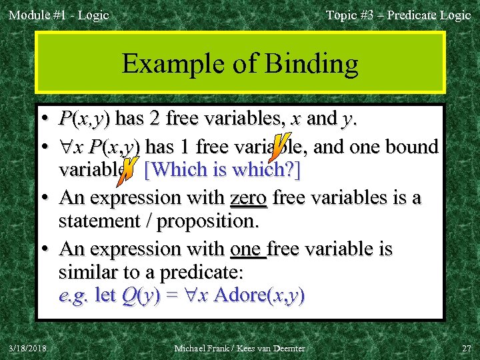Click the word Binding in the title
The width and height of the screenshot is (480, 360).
(311, 64)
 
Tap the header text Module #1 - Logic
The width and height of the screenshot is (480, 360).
(59, 15)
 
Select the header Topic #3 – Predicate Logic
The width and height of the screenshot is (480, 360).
(398, 15)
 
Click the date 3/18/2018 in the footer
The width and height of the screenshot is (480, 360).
(27, 348)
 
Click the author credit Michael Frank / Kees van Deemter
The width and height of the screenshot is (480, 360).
(239, 348)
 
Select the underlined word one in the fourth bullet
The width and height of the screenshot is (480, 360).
(247, 249)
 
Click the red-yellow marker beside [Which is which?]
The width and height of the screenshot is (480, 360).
(131, 170)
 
